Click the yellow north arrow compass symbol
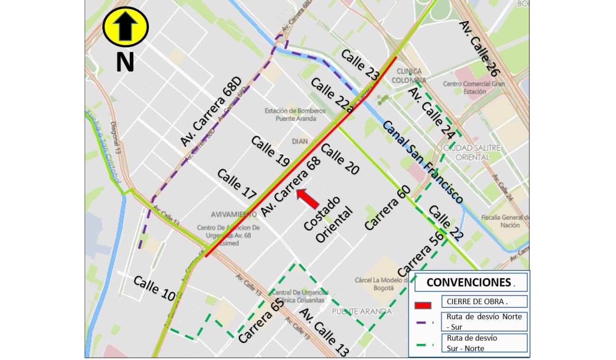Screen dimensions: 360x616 pyautogui.click(x=126, y=27)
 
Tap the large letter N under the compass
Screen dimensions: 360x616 pyautogui.click(x=125, y=63)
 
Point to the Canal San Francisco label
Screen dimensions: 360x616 pyautogui.click(x=422, y=162)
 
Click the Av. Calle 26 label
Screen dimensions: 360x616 pyautogui.click(x=480, y=49)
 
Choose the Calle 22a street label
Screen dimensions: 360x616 pyautogui.click(x=332, y=95)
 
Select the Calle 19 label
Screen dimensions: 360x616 pyautogui.click(x=270, y=151)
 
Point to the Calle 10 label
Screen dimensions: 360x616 pyautogui.click(x=154, y=288)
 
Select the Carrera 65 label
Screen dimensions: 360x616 pyautogui.click(x=261, y=321)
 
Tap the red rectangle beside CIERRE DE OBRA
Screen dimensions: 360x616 pyautogui.click(x=423, y=305)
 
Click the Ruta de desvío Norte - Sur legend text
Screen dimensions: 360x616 pyautogui.click(x=484, y=321)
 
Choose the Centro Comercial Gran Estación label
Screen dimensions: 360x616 pyautogui.click(x=474, y=88)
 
